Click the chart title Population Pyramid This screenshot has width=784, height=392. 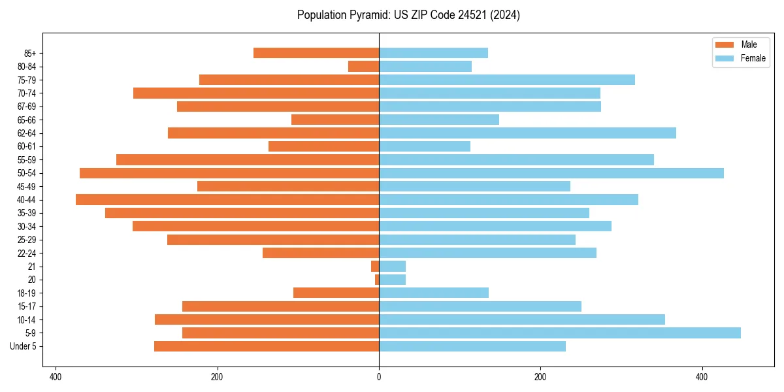click(x=408, y=15)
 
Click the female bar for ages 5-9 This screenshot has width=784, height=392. click(x=559, y=333)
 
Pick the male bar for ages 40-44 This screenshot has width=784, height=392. click(x=227, y=199)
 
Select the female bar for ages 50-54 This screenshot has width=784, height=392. click(x=551, y=173)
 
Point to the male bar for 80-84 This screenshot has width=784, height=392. click(x=364, y=66)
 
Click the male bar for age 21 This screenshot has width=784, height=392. click(x=375, y=266)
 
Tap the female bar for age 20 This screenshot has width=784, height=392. click(x=392, y=280)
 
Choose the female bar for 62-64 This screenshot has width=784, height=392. click(x=527, y=133)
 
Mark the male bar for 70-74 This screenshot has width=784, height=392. click(x=256, y=93)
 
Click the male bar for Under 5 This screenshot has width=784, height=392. click(x=267, y=346)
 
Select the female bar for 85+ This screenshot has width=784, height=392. click(x=433, y=53)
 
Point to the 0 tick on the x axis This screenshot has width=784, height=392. click(x=379, y=377)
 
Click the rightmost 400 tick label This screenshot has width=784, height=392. click(x=702, y=377)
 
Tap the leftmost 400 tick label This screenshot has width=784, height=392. click(x=56, y=377)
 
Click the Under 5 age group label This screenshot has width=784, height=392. click(x=24, y=346)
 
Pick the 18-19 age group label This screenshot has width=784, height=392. click(x=26, y=293)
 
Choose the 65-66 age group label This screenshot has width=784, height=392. click(x=26, y=120)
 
